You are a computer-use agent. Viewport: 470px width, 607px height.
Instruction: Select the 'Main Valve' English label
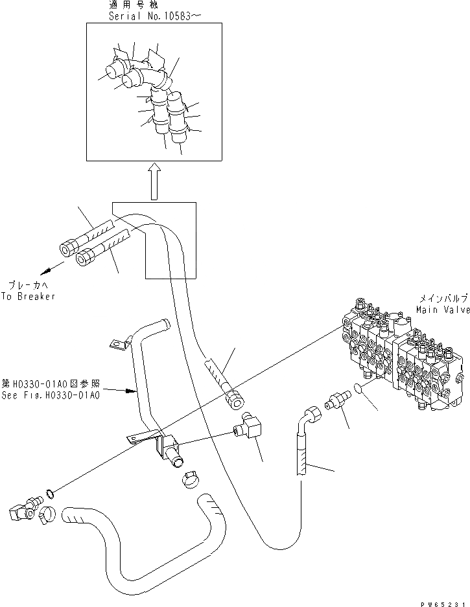click(443, 310)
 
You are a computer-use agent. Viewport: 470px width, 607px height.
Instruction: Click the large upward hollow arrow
click(154, 181)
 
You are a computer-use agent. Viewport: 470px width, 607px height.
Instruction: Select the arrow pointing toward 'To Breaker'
click(52, 268)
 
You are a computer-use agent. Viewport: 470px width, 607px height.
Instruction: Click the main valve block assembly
click(405, 363)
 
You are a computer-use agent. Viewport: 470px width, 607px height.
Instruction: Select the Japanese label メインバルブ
click(443, 299)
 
